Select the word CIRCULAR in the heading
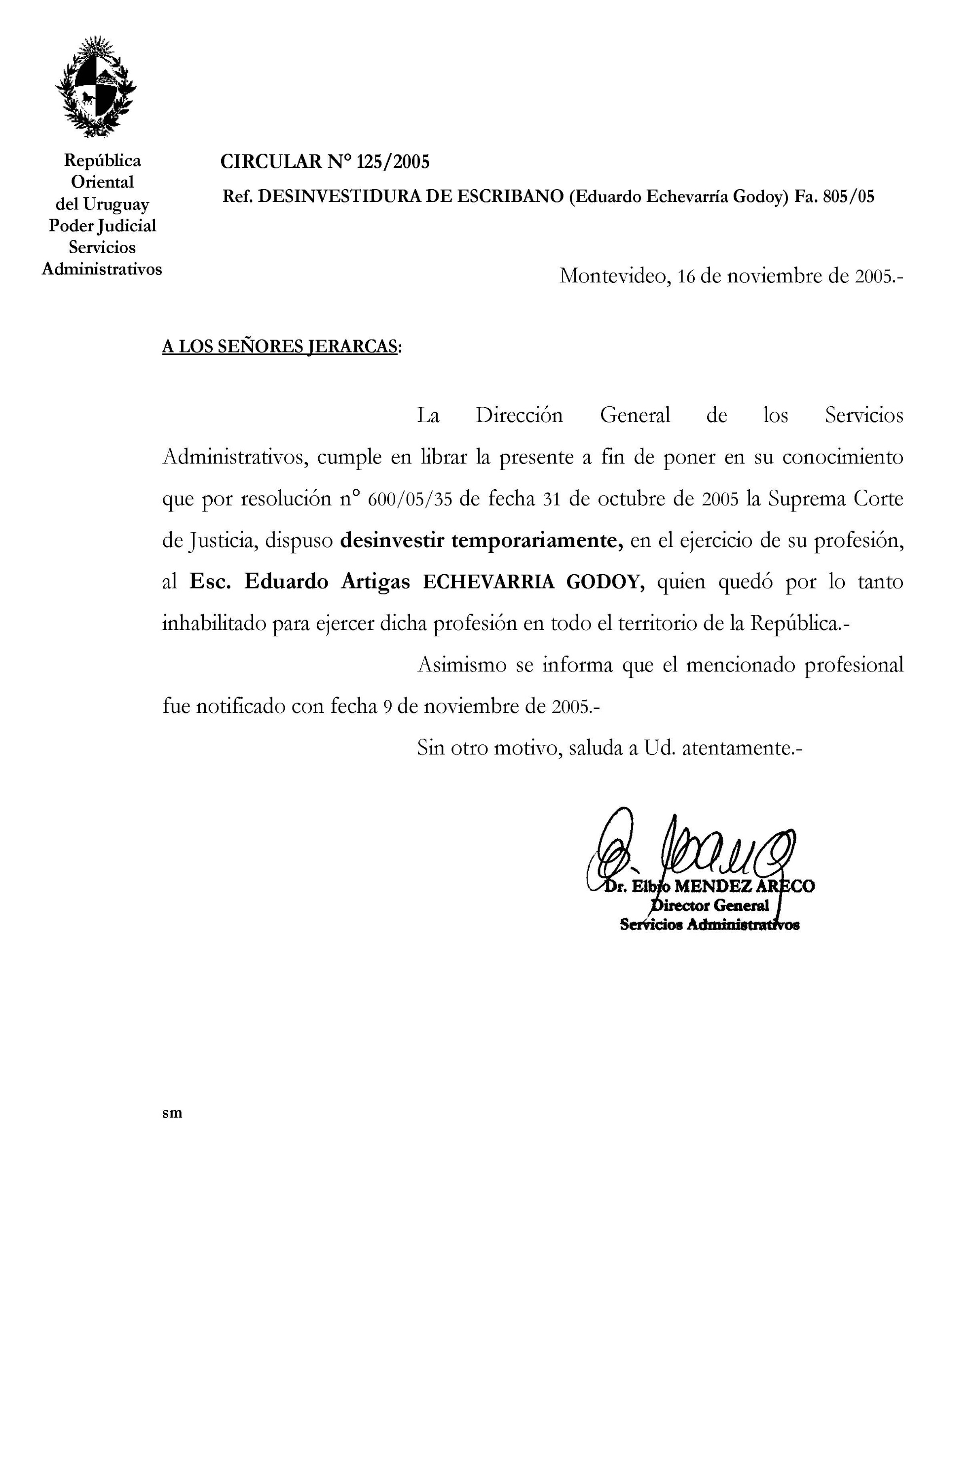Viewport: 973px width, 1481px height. click(270, 162)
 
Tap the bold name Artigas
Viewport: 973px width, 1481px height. click(376, 583)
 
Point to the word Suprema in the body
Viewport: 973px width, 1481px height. click(806, 500)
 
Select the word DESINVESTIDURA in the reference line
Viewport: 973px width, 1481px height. click(339, 197)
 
